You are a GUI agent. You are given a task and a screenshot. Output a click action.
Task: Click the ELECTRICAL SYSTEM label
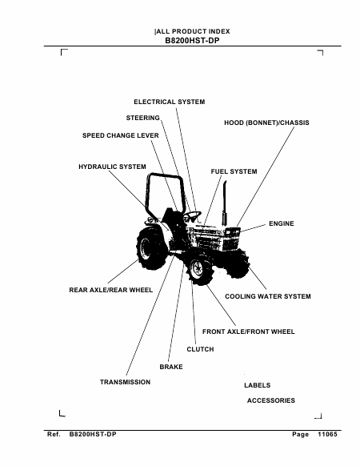coord(170,102)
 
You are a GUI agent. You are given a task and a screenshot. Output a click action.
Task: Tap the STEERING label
coord(143,118)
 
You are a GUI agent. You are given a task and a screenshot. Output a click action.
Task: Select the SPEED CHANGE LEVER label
coord(121,135)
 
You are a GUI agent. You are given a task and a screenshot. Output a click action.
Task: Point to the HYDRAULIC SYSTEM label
coord(112,167)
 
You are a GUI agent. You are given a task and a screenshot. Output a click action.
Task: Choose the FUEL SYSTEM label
coord(234,171)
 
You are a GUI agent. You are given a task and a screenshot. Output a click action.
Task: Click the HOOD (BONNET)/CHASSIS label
coord(266,123)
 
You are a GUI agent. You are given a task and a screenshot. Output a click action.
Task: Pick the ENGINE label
coord(282,223)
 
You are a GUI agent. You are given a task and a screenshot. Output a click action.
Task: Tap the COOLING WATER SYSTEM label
coord(268,296)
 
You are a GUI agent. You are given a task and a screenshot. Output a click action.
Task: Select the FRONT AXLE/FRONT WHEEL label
coord(249,331)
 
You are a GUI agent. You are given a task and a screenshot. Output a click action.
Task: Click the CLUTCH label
coord(200,349)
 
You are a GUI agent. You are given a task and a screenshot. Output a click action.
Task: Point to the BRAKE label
coord(171,367)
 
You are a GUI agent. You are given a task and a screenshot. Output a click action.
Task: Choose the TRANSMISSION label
coord(125,382)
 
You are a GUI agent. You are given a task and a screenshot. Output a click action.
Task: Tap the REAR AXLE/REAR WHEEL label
coord(110,290)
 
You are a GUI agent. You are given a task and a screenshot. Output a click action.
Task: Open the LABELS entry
coord(258,385)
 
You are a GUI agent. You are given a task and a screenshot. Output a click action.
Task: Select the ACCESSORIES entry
coord(271,400)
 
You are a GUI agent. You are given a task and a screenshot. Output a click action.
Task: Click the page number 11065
coord(327,434)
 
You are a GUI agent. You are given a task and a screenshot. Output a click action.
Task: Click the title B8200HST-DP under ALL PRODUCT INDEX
coord(192,41)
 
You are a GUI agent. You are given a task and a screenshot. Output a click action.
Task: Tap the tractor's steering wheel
coord(192,215)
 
